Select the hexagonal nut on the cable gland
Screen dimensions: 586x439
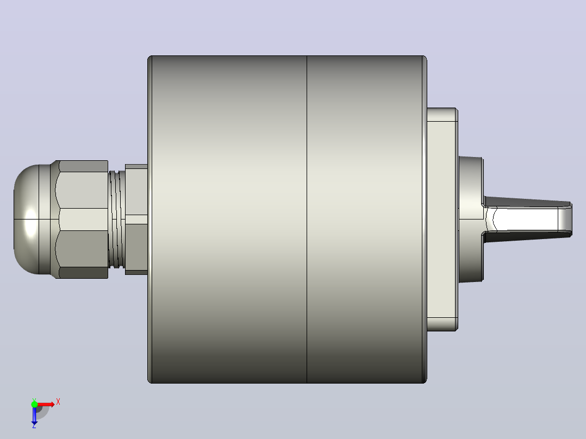pos(82,220)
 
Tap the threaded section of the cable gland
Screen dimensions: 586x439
pos(116,220)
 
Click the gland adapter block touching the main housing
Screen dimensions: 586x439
pos(136,220)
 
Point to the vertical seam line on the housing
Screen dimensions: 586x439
pos(307,220)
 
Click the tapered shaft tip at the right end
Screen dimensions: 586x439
pos(565,220)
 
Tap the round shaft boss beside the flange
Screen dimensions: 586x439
pos(471,220)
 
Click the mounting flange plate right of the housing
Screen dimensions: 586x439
pos(442,220)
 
